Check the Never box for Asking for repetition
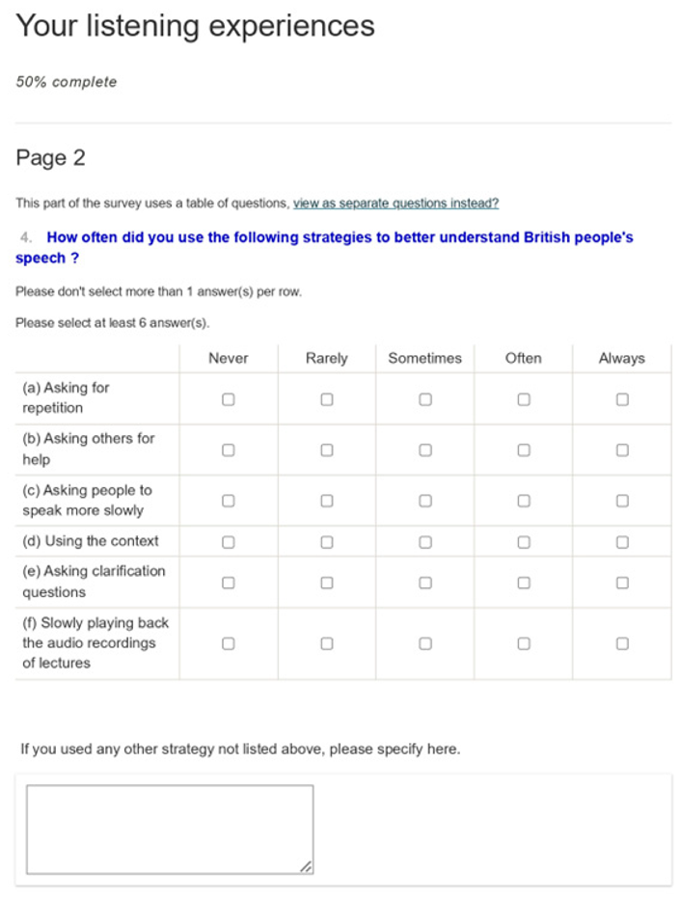(229, 398)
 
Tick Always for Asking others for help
(622, 450)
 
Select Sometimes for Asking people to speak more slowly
(425, 501)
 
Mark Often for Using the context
(524, 541)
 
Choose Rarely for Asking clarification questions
(327, 583)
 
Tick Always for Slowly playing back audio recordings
(622, 643)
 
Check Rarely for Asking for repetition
(327, 398)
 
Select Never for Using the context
(229, 541)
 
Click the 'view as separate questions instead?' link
(395, 204)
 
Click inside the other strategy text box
(170, 829)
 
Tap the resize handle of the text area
(306, 867)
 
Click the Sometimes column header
(424, 358)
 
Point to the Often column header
(524, 358)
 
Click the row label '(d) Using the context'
(91, 541)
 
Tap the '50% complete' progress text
(67, 82)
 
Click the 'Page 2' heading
(50, 158)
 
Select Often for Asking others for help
(524, 450)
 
